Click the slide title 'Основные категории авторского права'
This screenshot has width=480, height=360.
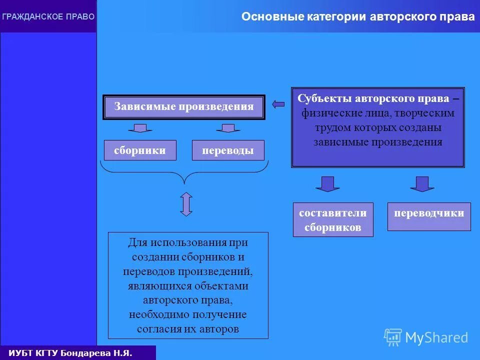pos(358,17)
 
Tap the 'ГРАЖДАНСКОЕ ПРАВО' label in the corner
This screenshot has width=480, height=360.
pos(48,16)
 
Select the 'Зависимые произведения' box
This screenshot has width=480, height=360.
pos(184,106)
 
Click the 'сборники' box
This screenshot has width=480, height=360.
pos(140,150)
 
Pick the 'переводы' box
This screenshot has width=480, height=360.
pos(228,150)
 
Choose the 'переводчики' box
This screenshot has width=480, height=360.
pos(429,213)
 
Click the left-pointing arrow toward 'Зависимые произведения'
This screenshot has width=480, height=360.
pos(278,104)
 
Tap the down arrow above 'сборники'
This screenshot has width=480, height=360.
pos(140,128)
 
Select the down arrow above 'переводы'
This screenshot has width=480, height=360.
pos(228,128)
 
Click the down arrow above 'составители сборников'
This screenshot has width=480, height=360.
pos(327,183)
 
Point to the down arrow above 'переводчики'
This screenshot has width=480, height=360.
pos(422,183)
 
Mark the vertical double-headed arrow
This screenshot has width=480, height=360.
pos(186,204)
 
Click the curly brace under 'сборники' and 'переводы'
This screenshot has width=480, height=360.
pos(185,172)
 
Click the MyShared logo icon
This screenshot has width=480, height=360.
pos(392,337)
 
